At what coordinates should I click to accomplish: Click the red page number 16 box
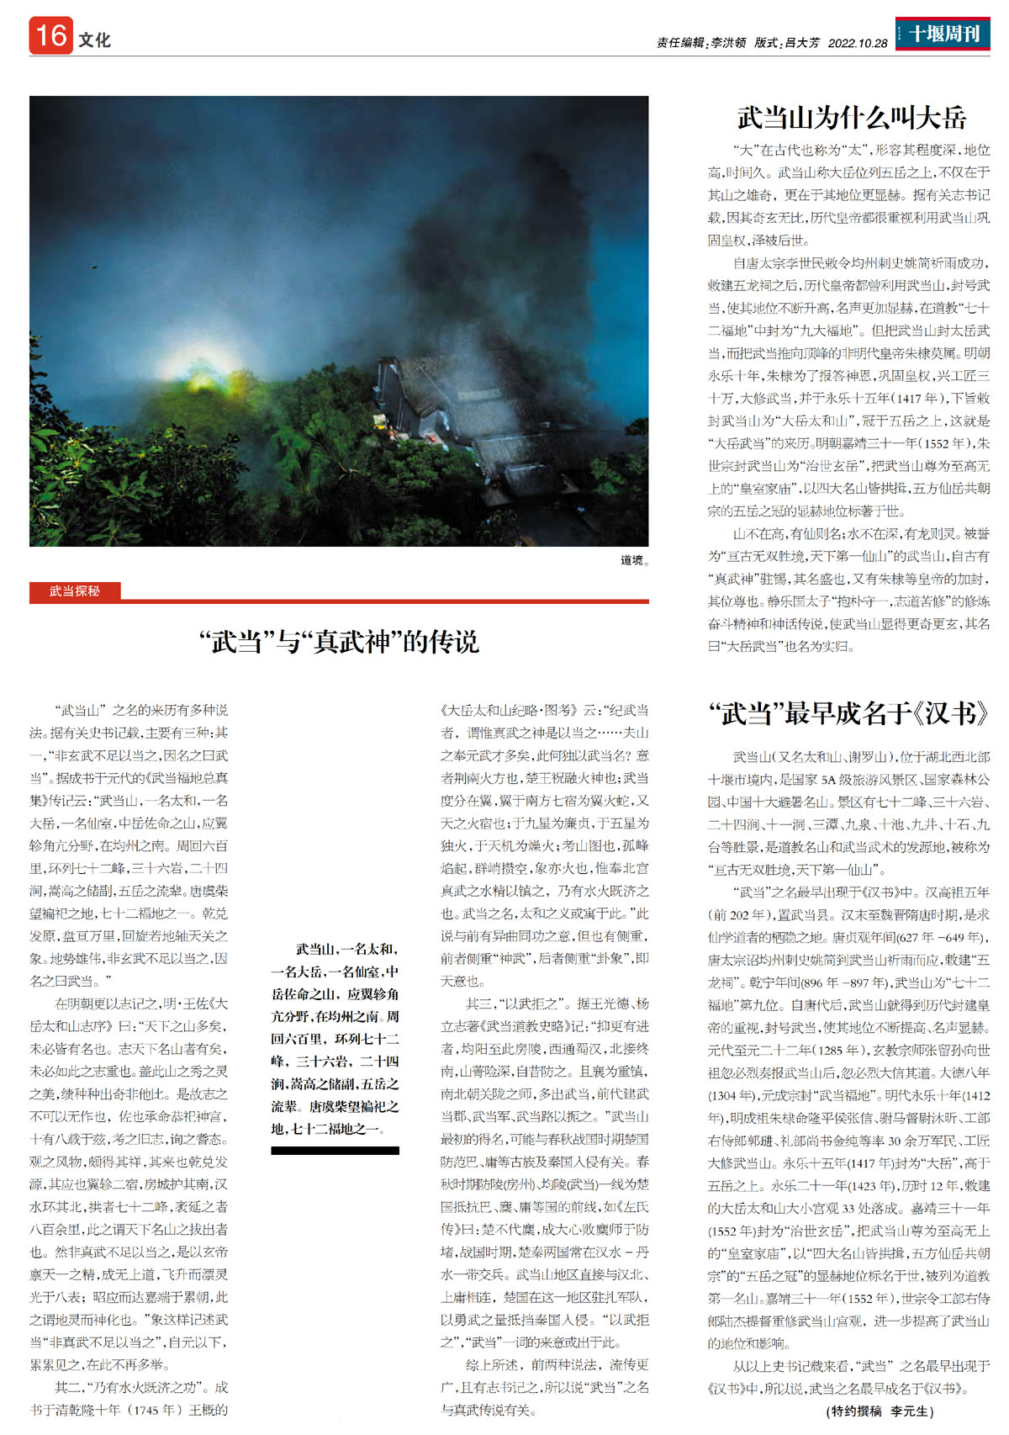(x=50, y=36)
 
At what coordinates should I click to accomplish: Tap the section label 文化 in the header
(x=95, y=40)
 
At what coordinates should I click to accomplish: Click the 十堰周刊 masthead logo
(x=942, y=34)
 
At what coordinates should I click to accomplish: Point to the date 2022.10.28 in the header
(x=857, y=43)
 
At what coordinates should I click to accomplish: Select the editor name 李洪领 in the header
(x=728, y=43)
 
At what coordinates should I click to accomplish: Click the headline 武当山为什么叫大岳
(x=851, y=118)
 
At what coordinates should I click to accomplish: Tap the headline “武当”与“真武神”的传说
(x=339, y=642)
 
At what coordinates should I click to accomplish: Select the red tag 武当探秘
(x=75, y=591)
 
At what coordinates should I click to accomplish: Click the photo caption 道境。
(x=634, y=560)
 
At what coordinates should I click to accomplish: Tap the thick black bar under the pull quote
(x=335, y=1150)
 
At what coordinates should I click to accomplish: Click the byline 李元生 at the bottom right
(x=911, y=1411)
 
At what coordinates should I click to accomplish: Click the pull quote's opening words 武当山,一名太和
(x=346, y=949)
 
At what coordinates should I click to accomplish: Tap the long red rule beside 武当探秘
(x=387, y=601)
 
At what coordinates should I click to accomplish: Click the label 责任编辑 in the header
(x=681, y=43)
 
